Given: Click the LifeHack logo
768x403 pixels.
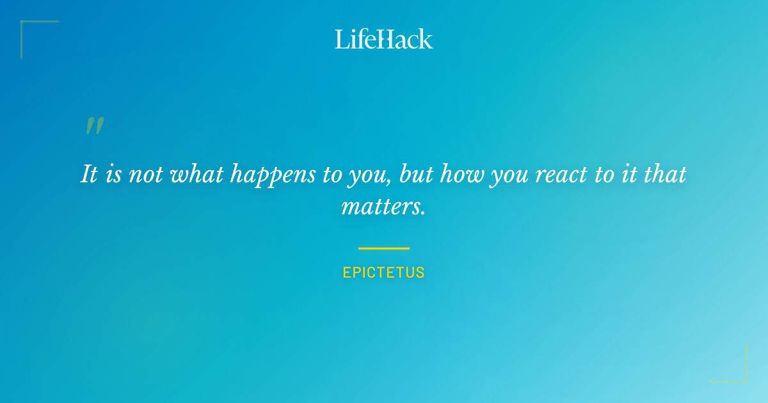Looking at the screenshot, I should [x=384, y=39].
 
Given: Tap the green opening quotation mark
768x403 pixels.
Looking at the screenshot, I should [x=94, y=126].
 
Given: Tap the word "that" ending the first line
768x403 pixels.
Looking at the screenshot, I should [x=665, y=174].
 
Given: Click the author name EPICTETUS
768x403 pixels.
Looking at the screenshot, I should [x=384, y=273].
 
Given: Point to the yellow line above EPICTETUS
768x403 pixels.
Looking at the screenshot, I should [x=384, y=248].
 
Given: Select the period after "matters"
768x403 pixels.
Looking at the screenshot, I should [x=423, y=213].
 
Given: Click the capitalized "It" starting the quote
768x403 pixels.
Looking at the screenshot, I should [x=89, y=174].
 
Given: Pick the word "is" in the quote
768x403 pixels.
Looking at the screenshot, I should [x=113, y=175].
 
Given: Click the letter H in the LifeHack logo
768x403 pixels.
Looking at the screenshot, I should [x=383, y=39].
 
